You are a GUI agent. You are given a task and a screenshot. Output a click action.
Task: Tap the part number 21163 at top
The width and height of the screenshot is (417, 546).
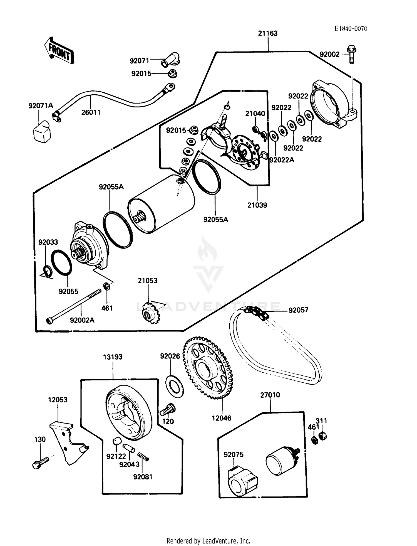coord(267,33)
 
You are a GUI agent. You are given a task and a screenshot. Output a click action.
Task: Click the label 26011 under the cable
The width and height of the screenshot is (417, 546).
coord(91,112)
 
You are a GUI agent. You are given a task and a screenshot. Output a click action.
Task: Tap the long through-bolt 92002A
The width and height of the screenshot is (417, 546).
coord(75,306)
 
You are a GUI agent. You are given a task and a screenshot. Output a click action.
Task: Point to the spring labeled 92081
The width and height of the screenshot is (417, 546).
coord(143,457)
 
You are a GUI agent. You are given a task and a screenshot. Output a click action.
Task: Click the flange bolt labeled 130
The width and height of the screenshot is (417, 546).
coord(41,463)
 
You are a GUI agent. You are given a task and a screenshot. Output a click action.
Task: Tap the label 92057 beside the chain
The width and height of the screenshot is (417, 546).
coord(298,310)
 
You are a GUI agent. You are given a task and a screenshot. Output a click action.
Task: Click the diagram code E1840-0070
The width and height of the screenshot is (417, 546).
coord(351,28)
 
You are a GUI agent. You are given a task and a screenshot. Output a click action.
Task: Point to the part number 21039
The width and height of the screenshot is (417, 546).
coord(257,205)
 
